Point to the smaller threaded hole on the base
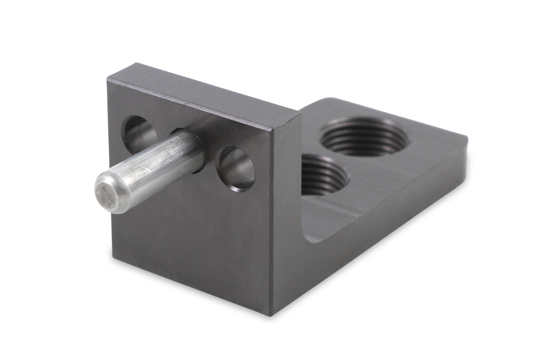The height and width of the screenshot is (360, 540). click(x=324, y=175)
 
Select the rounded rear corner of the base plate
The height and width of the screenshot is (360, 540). click(x=327, y=100)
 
